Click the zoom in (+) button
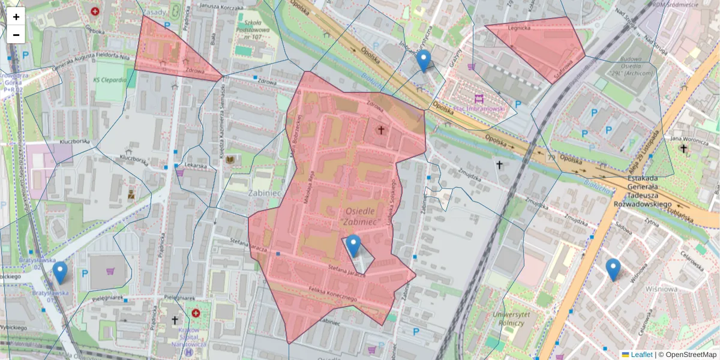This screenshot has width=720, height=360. coord(16,17)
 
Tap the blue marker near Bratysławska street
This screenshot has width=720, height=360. coord(59,272)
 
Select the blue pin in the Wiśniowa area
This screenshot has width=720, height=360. coord(613,269)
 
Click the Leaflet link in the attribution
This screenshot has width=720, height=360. coord(641,355)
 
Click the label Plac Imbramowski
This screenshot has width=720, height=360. coord(480,109)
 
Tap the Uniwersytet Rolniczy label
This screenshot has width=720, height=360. coord(508,319)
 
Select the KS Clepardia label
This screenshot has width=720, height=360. coord(110,80)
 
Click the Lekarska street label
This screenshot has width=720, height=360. coord(196,165)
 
